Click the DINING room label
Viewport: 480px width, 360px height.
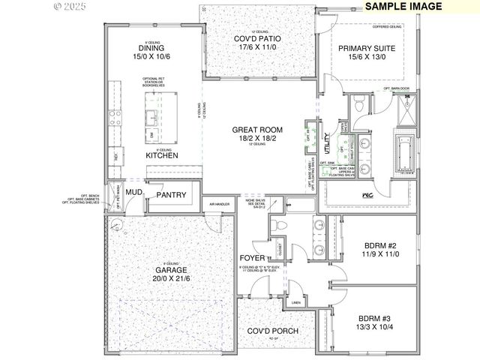151,47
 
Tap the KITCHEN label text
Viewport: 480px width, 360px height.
162,155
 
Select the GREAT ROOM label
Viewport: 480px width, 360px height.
257,130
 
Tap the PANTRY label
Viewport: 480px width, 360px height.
170,195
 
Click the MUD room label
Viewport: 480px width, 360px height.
134,193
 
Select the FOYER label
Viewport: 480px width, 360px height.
253,258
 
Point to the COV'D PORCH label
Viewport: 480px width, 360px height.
274,331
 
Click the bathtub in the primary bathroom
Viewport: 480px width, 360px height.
405,154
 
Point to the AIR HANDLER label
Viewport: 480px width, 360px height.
219,204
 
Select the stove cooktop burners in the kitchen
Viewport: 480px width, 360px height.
115,118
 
